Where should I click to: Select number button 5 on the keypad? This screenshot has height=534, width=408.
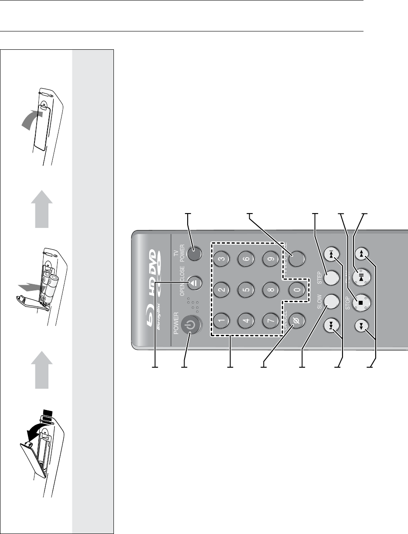[x=243, y=290]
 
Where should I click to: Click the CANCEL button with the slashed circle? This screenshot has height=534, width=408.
[x=296, y=322]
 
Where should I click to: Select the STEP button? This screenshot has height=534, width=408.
[x=331, y=277]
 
